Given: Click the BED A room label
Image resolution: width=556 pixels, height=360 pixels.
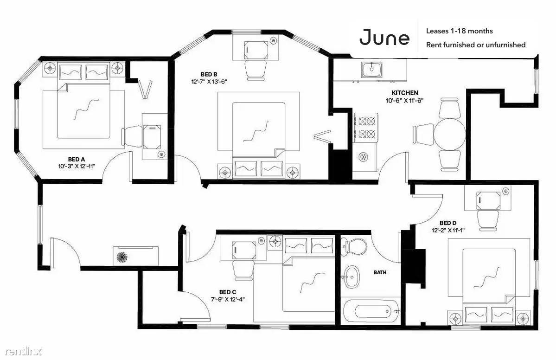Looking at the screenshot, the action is (x=76, y=160).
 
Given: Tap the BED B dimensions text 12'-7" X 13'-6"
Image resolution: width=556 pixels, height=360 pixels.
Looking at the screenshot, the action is (x=209, y=81).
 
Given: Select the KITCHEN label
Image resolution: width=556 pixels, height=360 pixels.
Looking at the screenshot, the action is (x=404, y=93).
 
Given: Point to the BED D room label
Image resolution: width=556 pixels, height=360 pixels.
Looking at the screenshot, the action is (x=448, y=223).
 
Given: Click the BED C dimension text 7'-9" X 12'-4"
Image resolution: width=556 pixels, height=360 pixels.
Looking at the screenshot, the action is (x=228, y=299).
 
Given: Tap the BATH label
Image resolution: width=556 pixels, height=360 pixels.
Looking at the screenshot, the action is (x=380, y=272).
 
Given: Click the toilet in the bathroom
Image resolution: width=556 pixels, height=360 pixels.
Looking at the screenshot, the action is (x=353, y=246).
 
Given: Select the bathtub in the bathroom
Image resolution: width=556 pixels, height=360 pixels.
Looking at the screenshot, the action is (x=371, y=311).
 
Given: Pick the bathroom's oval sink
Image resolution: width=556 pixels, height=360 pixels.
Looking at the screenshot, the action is (x=351, y=276).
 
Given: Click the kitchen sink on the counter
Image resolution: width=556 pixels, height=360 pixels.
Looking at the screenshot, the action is (x=371, y=70).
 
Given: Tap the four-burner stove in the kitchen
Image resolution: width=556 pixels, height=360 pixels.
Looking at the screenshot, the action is (x=366, y=127).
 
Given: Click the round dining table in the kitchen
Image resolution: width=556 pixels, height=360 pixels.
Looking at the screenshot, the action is (x=450, y=135).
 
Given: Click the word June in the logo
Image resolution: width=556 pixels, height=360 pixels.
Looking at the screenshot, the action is (x=384, y=37).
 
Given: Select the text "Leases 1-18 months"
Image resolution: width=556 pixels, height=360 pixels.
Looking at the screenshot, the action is (x=459, y=31).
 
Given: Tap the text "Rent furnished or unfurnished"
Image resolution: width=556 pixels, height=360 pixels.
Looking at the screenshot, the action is (x=475, y=45).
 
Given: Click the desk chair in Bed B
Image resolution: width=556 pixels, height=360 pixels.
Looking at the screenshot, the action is (x=256, y=70).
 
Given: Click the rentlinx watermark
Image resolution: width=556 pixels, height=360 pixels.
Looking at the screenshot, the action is (x=23, y=351).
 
